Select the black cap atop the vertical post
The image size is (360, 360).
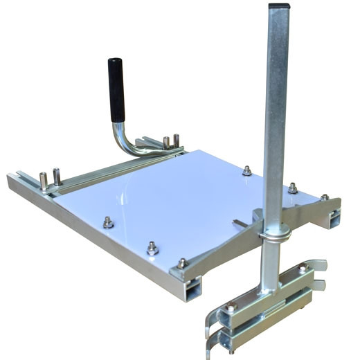pyautogui.click(x=276, y=9)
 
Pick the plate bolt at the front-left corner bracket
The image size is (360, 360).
pyautogui.click(x=181, y=263)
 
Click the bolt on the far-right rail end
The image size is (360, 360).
pyautogui.click(x=324, y=197)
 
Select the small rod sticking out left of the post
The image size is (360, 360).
pyautogui.click(x=242, y=223)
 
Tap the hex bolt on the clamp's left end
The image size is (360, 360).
pyautogui.click(x=231, y=305)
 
